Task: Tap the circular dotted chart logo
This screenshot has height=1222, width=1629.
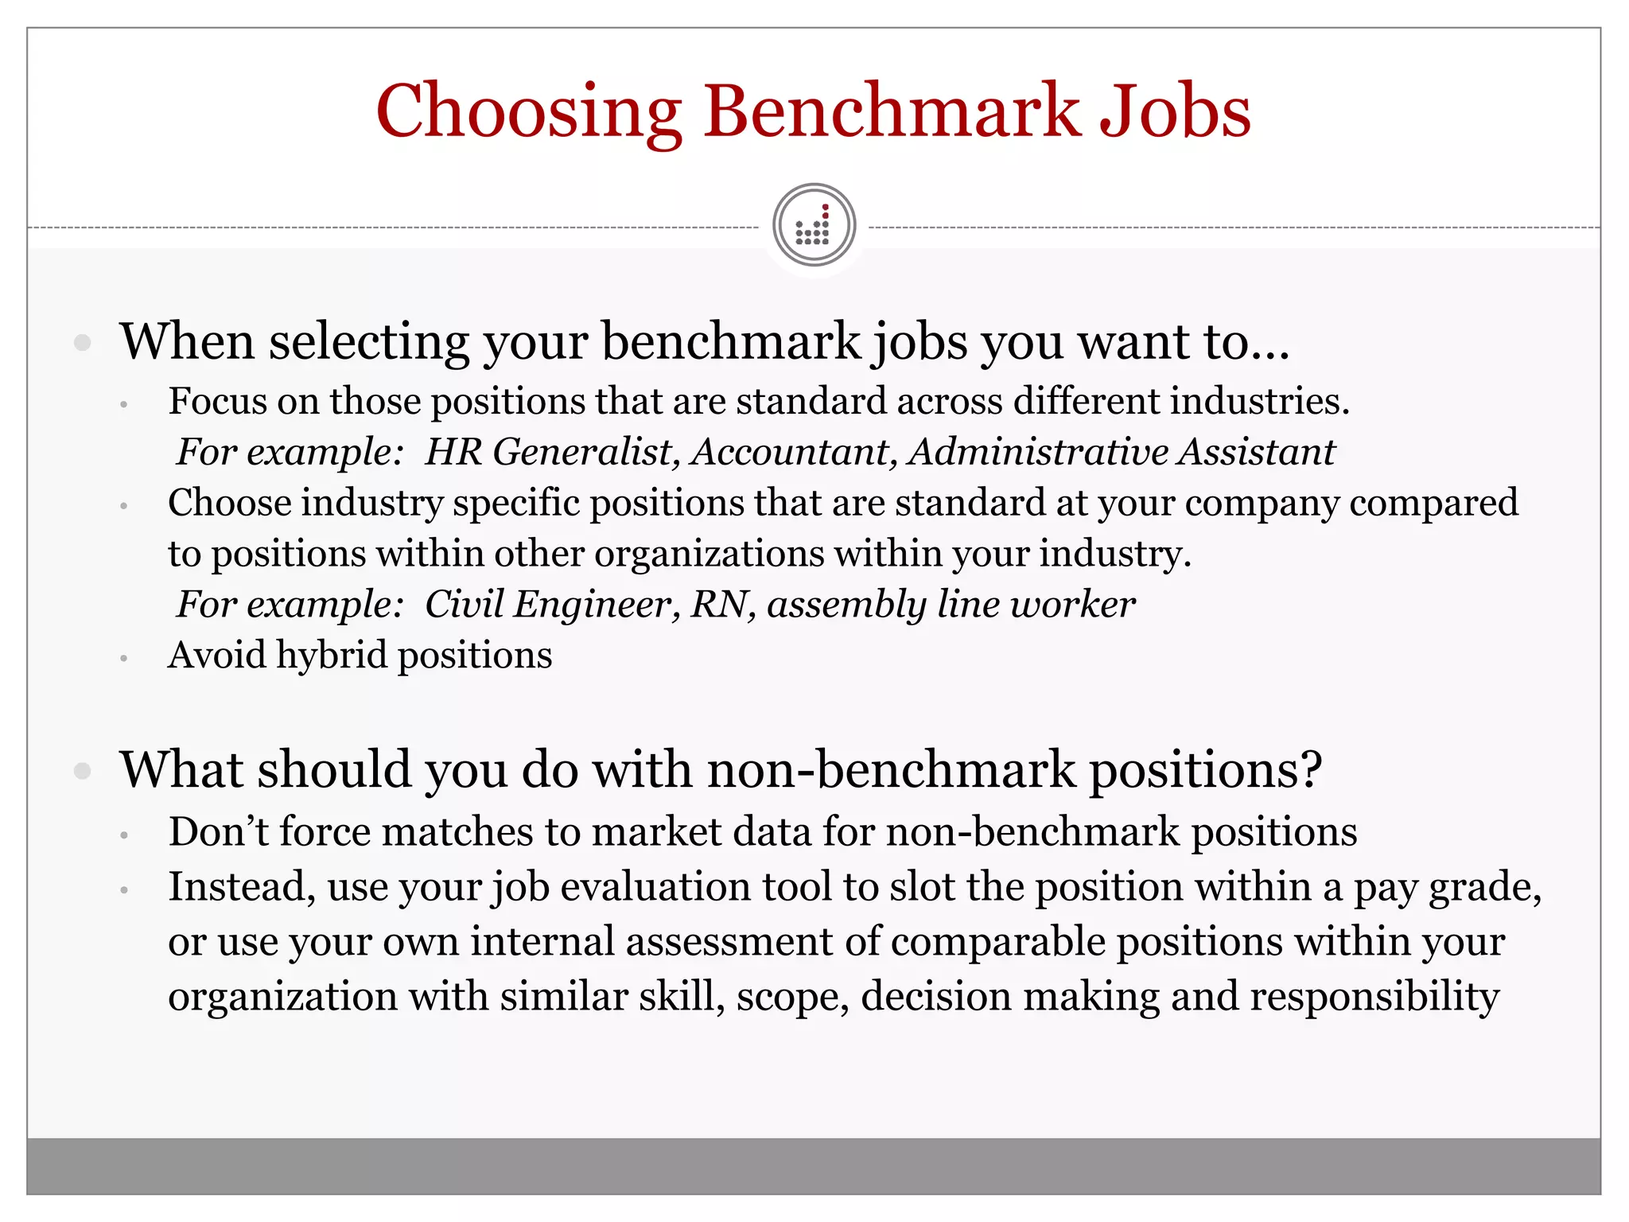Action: pos(814,225)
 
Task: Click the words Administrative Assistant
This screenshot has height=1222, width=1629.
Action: pos(1122,452)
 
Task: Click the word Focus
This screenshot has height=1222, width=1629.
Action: pos(217,401)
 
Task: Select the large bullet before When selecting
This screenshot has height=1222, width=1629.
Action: pos(82,343)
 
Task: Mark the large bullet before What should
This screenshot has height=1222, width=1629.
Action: pos(82,770)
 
